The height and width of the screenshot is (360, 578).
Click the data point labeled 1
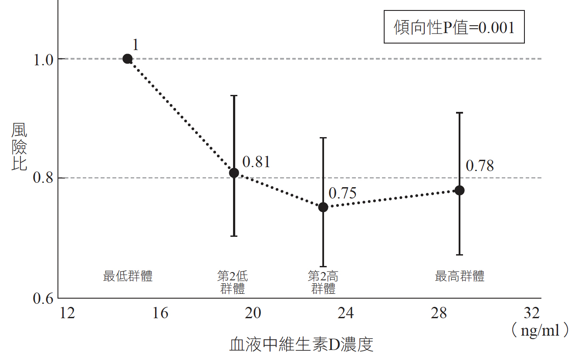[127, 59]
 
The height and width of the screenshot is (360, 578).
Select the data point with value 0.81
[234, 173]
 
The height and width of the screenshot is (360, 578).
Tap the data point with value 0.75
[323, 207]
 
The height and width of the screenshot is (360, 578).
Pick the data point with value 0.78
[459, 190]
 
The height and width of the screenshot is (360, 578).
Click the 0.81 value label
[256, 162]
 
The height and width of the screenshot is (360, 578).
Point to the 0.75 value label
[342, 193]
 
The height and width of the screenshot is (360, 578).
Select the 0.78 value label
[480, 166]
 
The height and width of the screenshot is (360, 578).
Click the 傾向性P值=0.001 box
[454, 27]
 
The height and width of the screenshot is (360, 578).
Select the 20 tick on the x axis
[253, 313]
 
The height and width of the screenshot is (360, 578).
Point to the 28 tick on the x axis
[439, 313]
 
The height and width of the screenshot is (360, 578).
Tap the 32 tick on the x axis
[532, 313]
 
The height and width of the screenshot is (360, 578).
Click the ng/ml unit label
[540, 331]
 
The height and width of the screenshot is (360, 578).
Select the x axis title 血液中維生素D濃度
[301, 345]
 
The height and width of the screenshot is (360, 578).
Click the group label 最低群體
[128, 276]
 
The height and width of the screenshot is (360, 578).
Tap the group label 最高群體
[460, 276]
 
